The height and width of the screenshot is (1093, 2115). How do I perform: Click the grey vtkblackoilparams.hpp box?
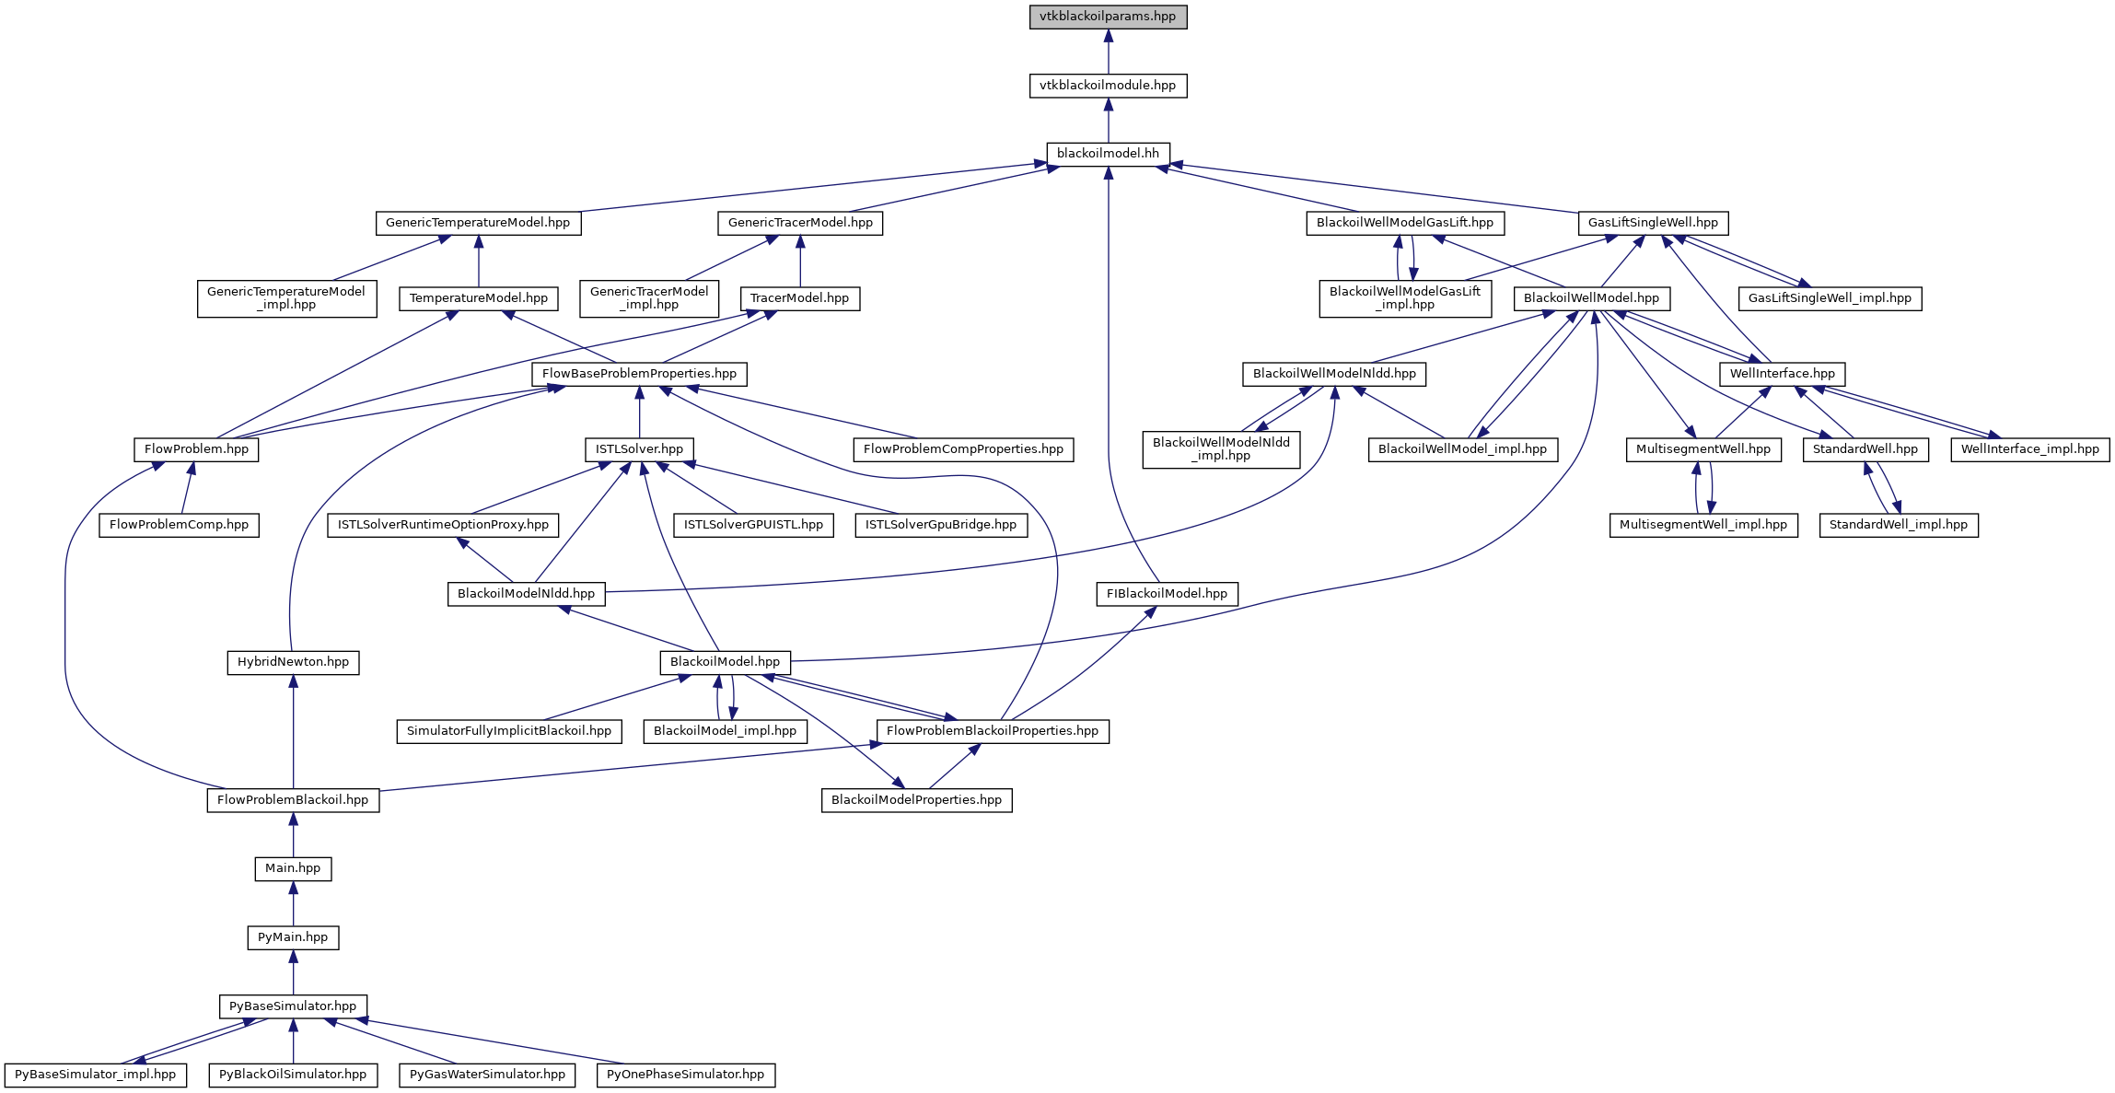[1108, 17]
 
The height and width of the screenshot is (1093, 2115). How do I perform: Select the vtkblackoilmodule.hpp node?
[1108, 86]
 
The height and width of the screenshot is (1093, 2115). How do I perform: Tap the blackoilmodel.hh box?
[1108, 154]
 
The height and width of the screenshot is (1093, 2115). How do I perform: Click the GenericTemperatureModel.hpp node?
[478, 223]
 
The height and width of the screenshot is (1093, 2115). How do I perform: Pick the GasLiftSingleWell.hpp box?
[1653, 223]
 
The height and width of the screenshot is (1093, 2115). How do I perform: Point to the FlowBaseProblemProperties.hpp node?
[639, 374]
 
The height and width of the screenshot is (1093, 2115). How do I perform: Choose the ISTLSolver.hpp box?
[639, 449]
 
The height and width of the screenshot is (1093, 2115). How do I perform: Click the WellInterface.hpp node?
[1782, 374]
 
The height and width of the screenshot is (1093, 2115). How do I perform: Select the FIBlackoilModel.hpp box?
[1167, 594]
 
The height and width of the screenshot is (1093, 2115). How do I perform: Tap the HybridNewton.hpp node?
[293, 662]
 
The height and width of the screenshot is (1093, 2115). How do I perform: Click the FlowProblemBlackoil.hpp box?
[293, 800]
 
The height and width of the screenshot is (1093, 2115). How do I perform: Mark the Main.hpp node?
[293, 868]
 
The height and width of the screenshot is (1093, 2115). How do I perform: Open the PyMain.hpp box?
[293, 937]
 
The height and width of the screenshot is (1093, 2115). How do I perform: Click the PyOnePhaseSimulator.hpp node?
[685, 1075]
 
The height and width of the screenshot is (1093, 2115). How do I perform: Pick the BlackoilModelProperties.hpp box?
[916, 800]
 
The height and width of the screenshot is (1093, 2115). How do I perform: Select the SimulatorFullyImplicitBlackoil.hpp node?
[509, 731]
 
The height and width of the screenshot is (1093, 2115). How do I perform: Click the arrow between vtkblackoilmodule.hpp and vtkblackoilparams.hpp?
[1108, 52]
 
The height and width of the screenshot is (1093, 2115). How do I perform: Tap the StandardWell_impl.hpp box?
[1898, 525]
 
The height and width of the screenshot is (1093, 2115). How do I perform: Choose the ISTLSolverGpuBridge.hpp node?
[940, 525]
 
